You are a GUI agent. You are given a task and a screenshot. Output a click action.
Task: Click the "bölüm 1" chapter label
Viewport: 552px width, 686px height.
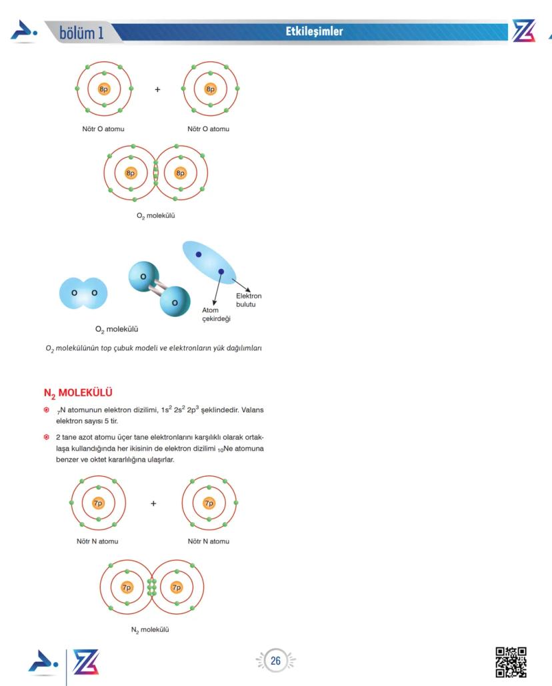[81, 32]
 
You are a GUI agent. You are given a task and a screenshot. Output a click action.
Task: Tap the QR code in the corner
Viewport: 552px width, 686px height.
[511, 662]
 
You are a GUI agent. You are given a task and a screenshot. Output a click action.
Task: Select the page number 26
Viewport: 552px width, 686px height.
[275, 661]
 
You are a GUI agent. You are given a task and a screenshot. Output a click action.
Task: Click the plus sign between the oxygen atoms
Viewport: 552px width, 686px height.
[157, 89]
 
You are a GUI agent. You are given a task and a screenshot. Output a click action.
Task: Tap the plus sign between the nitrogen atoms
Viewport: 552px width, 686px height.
[154, 504]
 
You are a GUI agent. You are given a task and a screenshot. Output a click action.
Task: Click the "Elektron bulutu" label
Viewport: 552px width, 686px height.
[249, 300]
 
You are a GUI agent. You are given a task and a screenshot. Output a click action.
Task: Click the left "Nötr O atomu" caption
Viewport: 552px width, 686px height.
[103, 129]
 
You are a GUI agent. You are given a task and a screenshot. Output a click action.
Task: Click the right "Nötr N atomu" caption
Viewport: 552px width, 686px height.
[209, 541]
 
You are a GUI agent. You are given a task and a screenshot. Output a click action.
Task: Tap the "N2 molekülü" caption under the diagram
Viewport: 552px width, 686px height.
[149, 630]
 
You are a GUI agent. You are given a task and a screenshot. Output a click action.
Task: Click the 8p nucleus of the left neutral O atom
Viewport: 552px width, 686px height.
[104, 89]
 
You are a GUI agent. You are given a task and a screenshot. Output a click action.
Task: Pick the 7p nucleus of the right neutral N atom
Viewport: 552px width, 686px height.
[209, 503]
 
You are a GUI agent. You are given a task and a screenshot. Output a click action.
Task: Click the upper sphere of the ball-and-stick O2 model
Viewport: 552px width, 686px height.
[143, 276]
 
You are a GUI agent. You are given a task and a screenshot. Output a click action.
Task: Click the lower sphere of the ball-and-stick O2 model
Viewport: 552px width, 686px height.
[174, 302]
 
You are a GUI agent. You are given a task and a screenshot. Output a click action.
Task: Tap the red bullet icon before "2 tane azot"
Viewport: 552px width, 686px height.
[46, 437]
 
